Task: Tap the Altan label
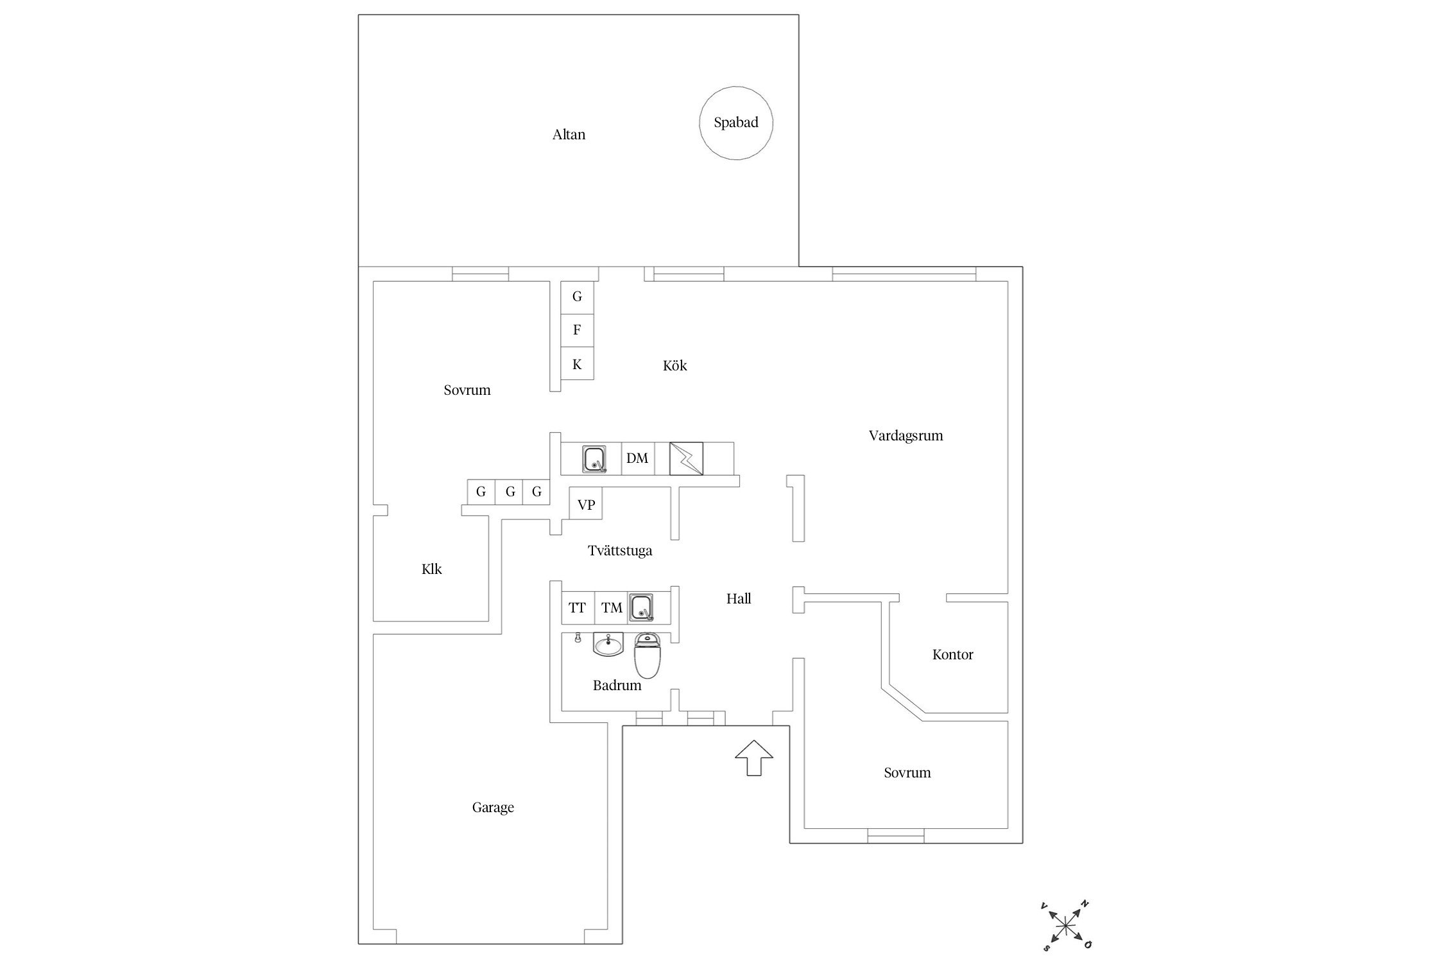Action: (569, 135)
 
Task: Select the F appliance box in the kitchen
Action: (577, 330)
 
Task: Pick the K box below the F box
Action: (577, 364)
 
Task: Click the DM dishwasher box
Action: (637, 458)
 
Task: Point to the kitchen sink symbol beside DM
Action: (595, 459)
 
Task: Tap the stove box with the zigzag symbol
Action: (686, 458)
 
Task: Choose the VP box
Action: (586, 505)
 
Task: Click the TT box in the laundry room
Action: (578, 607)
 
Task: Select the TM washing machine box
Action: (612, 607)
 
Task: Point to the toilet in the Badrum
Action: (647, 655)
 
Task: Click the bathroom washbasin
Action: (608, 644)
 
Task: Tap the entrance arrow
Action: (754, 758)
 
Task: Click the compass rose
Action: (1065, 925)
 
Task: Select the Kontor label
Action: (952, 655)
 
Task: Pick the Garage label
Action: (493, 808)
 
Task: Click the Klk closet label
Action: (431, 569)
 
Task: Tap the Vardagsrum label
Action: (906, 436)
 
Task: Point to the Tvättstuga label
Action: (620, 551)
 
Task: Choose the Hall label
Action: (739, 599)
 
